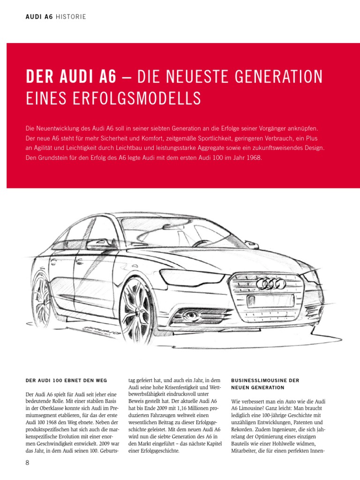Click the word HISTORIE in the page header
pos(71,17)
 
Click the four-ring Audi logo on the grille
pos(271,283)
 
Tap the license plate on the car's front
pos(270,300)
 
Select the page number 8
pos(28,463)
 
